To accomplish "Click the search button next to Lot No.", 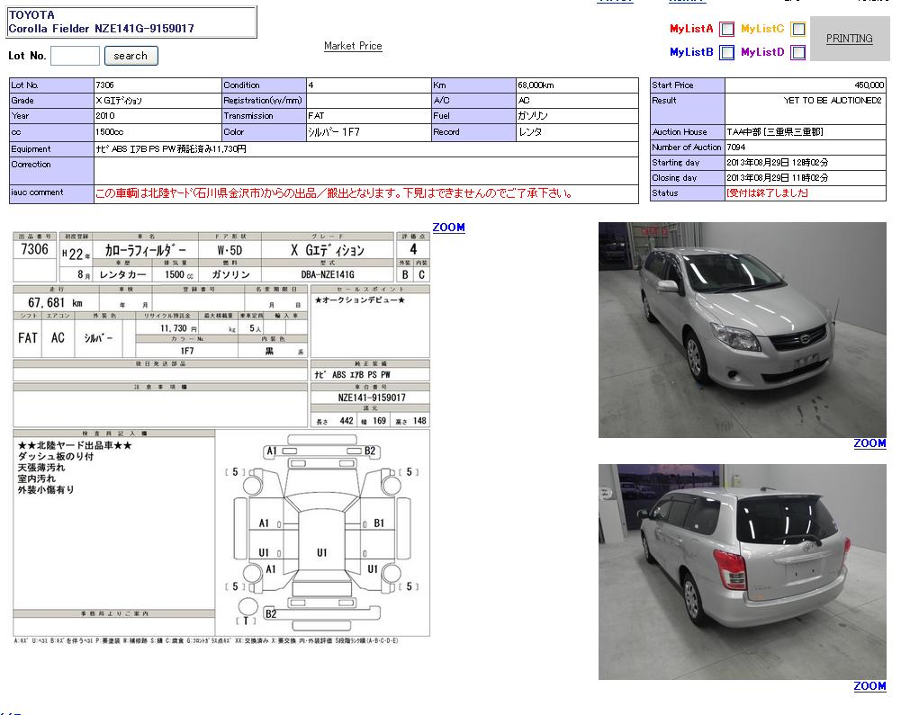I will point(131,56).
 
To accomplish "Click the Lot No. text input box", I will point(75,56).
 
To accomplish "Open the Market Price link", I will point(353,46).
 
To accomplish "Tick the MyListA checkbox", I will point(726,29).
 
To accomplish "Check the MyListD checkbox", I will point(797,52).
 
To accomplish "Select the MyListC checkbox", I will point(797,29).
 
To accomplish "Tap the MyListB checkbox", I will point(726,52).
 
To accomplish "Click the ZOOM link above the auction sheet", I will point(448,228).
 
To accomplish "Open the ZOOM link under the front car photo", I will point(869,443).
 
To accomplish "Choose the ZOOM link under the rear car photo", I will point(869,686).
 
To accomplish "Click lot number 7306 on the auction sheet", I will point(34,249).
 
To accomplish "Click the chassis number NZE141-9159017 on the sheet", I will point(371,398).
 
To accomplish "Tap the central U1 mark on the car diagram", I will point(321,552).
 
